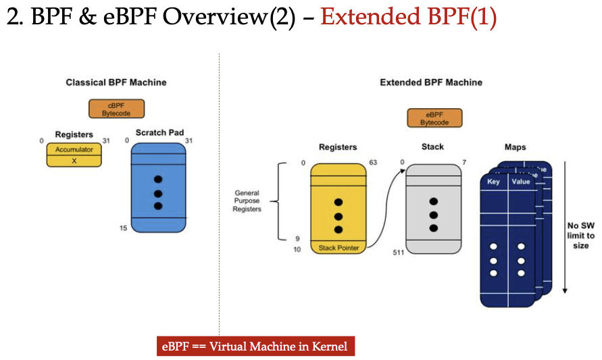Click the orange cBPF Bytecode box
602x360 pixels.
point(116,109)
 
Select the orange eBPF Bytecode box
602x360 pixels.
point(434,118)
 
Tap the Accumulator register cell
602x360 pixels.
point(74,150)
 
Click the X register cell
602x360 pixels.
point(74,160)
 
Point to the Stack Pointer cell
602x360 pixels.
point(338,249)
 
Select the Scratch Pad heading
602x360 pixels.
point(159,132)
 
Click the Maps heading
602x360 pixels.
point(516,147)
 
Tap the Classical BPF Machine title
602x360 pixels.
point(116,82)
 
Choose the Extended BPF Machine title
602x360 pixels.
point(431,82)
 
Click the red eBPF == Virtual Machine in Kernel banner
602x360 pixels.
point(255,346)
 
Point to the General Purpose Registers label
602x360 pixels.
point(247,201)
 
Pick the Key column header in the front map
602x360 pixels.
point(494,182)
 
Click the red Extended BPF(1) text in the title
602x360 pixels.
point(409,18)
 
